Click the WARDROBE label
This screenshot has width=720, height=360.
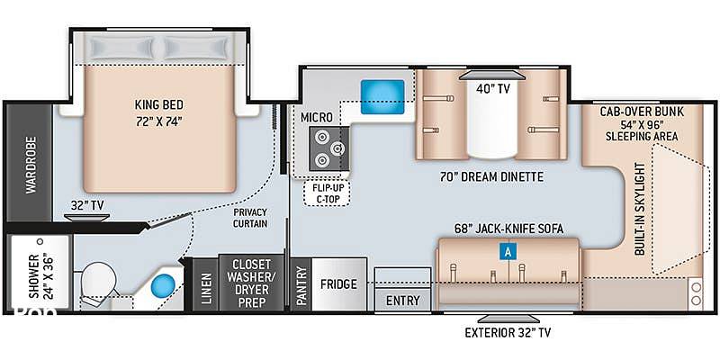point(31,165)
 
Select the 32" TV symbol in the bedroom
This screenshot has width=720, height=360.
point(86,217)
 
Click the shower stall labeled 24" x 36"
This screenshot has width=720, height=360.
point(40,273)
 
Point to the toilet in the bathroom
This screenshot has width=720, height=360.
point(98,280)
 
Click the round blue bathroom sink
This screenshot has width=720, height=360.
point(164,286)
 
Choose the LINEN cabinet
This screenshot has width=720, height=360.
point(205,284)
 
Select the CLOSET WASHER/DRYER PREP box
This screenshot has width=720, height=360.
point(251,283)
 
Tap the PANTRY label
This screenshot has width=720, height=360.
point(301,285)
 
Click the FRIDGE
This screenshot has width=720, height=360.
point(339,284)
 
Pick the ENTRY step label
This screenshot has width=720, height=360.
point(402,301)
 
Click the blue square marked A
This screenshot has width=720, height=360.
point(508,252)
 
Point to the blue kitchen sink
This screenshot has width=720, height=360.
point(382,97)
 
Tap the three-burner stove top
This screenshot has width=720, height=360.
point(328,148)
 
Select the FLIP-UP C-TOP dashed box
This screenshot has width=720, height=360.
point(327,193)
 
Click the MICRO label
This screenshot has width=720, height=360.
point(317,118)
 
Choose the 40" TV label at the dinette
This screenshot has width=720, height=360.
point(494,88)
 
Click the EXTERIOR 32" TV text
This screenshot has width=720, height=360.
point(508,332)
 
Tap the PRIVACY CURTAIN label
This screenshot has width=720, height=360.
point(250,218)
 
